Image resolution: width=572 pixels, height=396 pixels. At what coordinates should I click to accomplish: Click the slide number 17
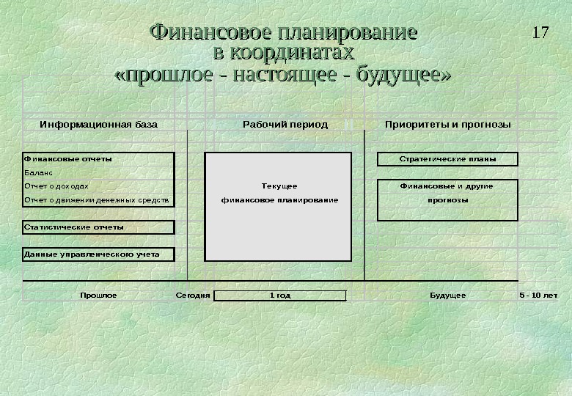pos(540,33)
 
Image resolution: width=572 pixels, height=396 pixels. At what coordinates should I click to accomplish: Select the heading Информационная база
pos(98,125)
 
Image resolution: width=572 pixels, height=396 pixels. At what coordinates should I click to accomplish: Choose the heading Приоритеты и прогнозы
pos(447,125)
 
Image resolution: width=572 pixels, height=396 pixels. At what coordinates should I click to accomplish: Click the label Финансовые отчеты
pos(68,158)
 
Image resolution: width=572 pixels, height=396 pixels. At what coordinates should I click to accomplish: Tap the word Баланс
pos(37,172)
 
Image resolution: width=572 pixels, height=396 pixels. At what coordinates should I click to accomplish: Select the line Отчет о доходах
pos(56,186)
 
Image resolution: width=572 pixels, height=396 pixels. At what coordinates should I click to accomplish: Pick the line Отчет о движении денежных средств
pos(96,199)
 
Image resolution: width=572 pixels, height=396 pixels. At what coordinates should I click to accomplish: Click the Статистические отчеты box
pos(99,227)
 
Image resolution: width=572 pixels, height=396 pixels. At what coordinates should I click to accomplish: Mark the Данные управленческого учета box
pos(99,255)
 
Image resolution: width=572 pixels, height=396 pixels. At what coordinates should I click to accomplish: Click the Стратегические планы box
pos(447,159)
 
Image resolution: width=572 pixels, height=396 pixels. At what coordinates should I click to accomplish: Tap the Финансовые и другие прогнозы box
pos(447,199)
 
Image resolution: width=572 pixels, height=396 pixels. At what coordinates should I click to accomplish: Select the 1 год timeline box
pos(279,296)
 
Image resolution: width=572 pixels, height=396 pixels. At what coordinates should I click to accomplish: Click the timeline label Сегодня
pos(193,296)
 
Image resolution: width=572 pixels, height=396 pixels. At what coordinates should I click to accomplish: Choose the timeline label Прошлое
pos(98,296)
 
